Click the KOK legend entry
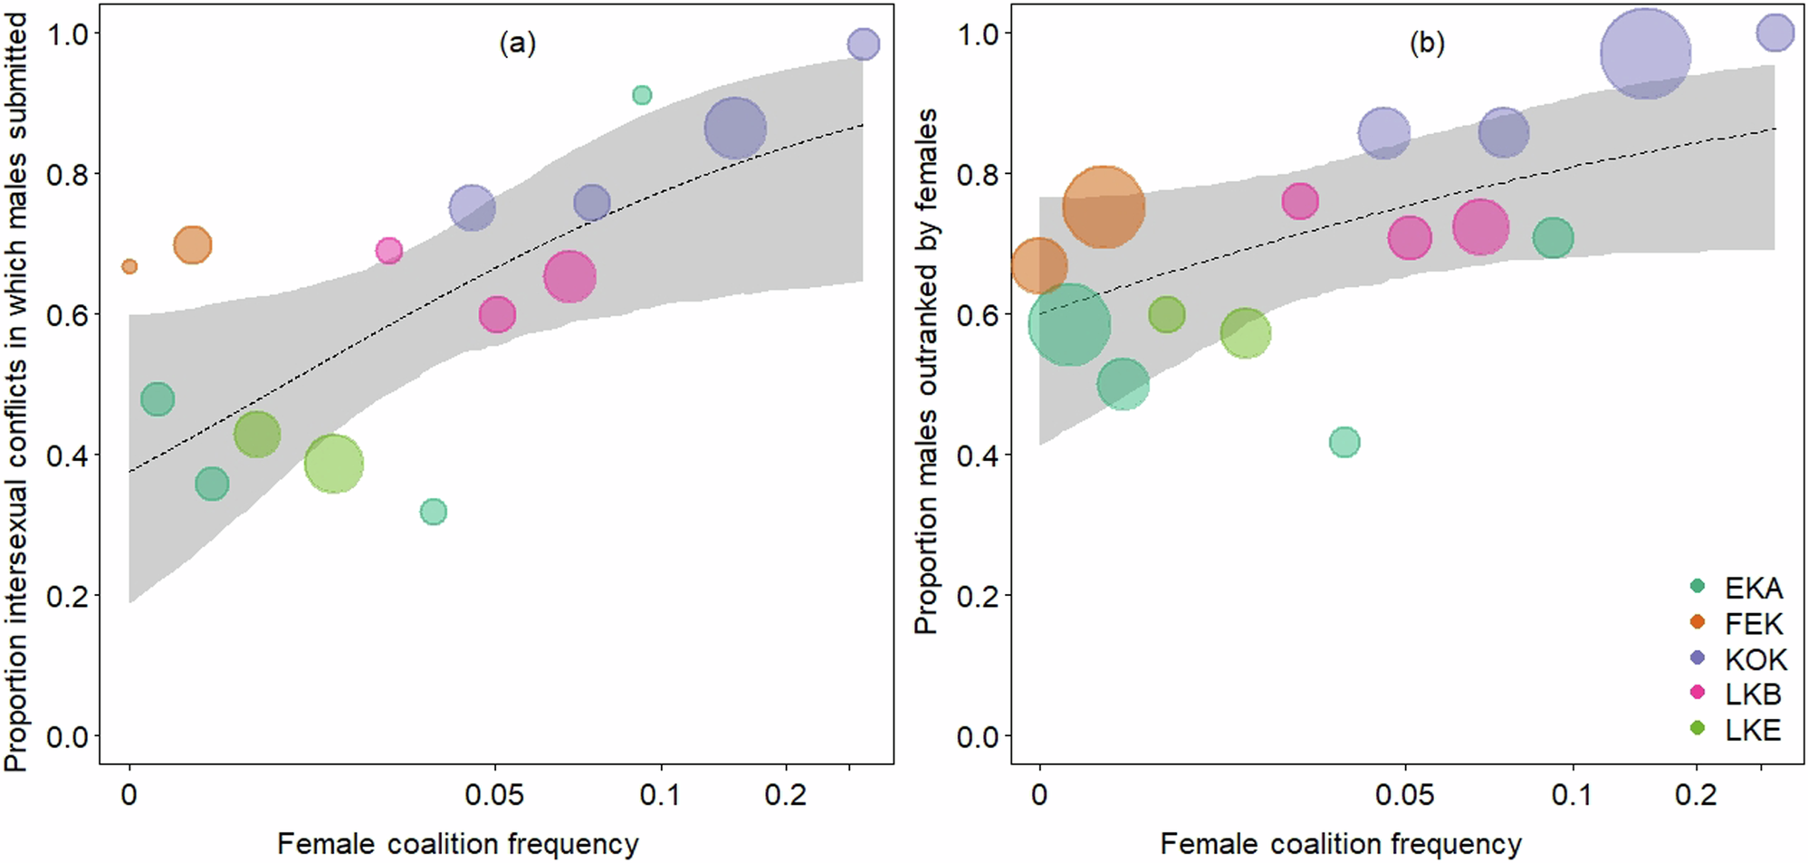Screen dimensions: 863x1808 [1738, 659]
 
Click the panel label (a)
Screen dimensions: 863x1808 [518, 43]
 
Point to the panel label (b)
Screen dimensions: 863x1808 [1427, 43]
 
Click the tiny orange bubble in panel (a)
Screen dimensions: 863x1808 [129, 266]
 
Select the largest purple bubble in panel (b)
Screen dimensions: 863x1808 [1645, 54]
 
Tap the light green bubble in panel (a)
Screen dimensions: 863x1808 [334, 464]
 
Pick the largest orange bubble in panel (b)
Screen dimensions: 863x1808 [1103, 207]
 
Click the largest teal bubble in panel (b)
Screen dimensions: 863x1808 [1069, 324]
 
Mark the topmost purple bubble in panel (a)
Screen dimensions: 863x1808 [864, 43]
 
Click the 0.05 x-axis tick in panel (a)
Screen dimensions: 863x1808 [494, 795]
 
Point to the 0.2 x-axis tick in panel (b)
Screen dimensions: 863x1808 [1696, 795]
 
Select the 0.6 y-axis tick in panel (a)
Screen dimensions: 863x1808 [68, 315]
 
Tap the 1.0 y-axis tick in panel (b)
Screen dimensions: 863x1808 [978, 34]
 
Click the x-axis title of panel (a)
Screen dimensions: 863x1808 [458, 844]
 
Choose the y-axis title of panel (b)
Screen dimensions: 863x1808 [926, 371]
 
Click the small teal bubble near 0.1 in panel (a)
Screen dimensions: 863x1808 [642, 95]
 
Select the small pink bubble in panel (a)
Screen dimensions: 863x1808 [388, 251]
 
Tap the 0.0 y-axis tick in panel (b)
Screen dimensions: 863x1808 [978, 737]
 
